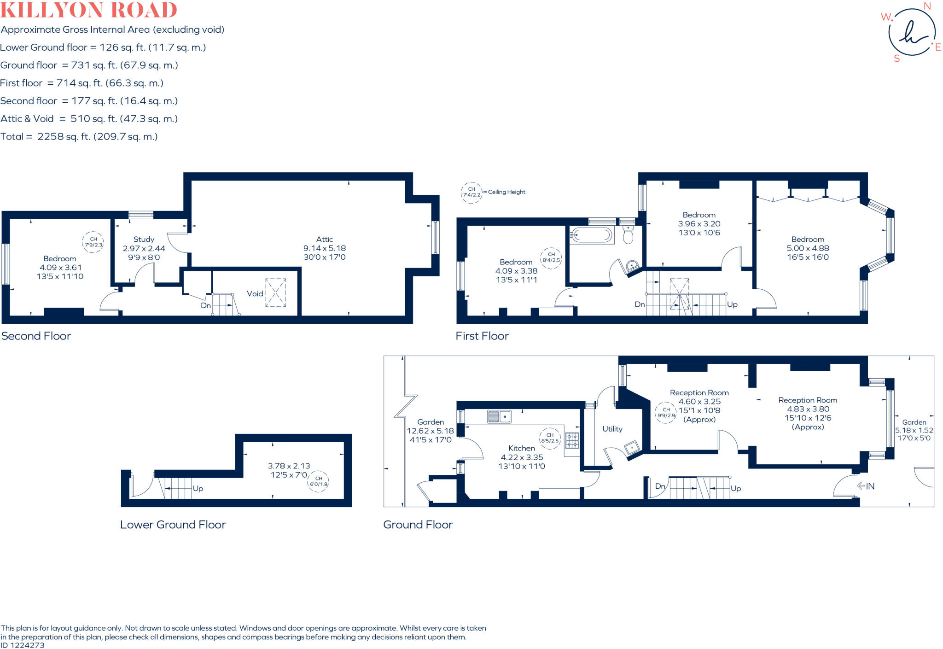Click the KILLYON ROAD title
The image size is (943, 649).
coord(89,10)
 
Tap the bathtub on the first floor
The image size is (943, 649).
coord(592,235)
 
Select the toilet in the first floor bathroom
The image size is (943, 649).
coord(628,235)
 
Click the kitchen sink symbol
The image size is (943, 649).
coord(499,417)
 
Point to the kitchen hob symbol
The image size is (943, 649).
coord(572,440)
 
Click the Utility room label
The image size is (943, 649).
coord(612,429)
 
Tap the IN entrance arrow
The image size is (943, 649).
coord(866,486)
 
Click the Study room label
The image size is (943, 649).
coord(144,239)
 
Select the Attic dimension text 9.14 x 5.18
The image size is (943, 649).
coord(324,248)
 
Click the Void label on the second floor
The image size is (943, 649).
coord(255,293)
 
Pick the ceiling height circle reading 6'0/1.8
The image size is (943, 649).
coord(318,481)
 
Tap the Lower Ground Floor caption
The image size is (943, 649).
coord(173,525)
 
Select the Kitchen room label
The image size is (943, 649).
coord(521,448)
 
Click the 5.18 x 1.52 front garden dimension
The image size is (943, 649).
coord(914,430)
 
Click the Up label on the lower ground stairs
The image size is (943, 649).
coord(198,488)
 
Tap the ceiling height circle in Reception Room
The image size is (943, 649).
coord(666,412)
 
